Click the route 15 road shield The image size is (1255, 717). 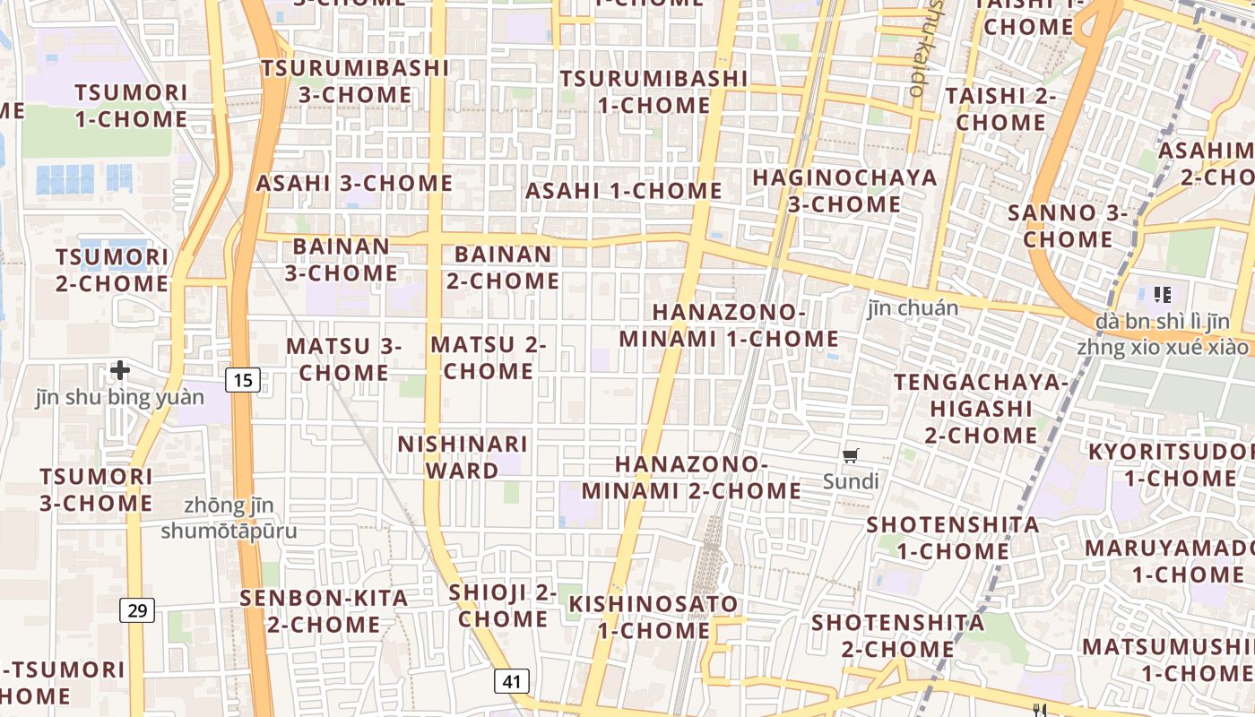coord(242,380)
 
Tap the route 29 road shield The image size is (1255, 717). coord(137,610)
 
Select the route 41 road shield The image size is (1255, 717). coord(512,681)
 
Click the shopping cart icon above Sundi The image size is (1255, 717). coord(851,455)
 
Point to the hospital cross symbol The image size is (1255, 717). coord(120,369)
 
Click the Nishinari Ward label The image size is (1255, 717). coord(463,457)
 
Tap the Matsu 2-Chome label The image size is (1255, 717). coord(489,358)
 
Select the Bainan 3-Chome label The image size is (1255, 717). coord(342,259)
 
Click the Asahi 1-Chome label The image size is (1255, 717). coord(623,191)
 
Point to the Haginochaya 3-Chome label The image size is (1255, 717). coord(844,191)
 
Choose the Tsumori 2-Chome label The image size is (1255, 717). coord(112,271)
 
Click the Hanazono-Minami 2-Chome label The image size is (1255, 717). coord(691,478)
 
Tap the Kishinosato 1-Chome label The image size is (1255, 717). coord(654,617)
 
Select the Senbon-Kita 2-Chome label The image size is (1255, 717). coord(324,610)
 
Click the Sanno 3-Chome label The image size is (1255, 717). coord(1068,226)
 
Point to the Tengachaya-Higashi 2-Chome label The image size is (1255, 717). coord(981,409)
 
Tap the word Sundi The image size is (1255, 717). coord(851,481)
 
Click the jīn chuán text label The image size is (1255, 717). coord(913,308)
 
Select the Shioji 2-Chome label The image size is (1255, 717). coord(503,606)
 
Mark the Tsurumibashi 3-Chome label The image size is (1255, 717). coord(355,81)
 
